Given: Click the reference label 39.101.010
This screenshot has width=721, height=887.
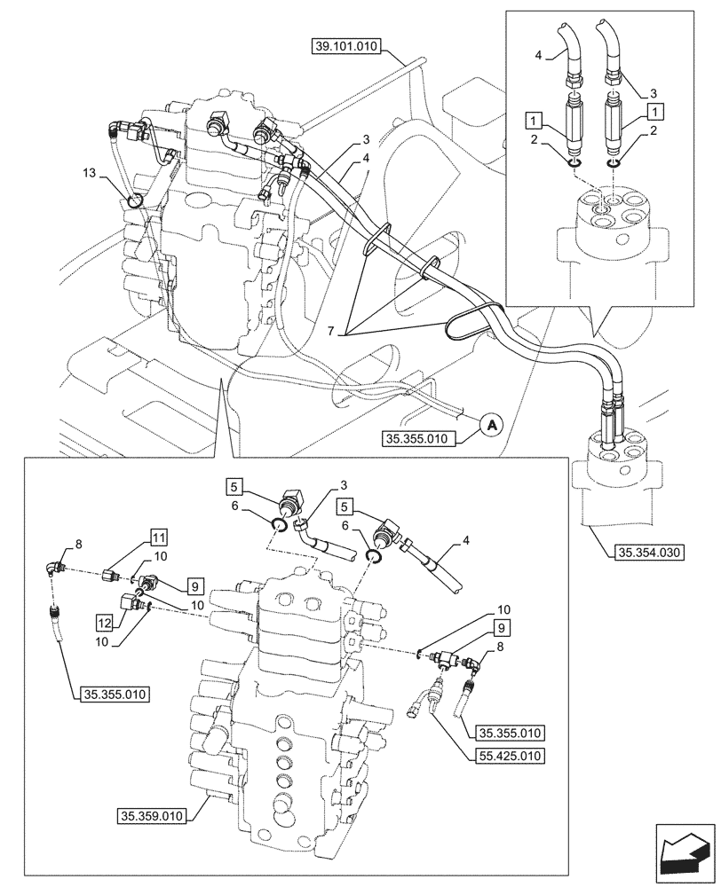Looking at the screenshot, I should (345, 46).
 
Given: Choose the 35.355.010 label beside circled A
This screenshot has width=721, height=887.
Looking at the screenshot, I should (420, 438).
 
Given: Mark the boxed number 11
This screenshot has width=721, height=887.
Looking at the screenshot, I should (158, 537).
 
